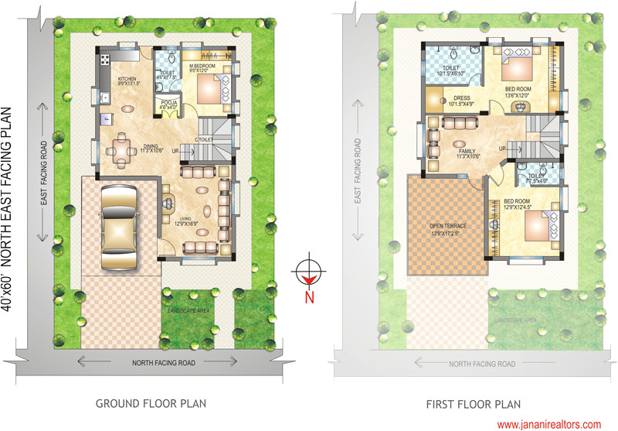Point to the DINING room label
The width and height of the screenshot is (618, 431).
tap(151, 146)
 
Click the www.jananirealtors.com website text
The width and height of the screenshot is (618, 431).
tap(548, 424)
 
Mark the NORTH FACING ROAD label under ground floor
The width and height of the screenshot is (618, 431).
tap(163, 361)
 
